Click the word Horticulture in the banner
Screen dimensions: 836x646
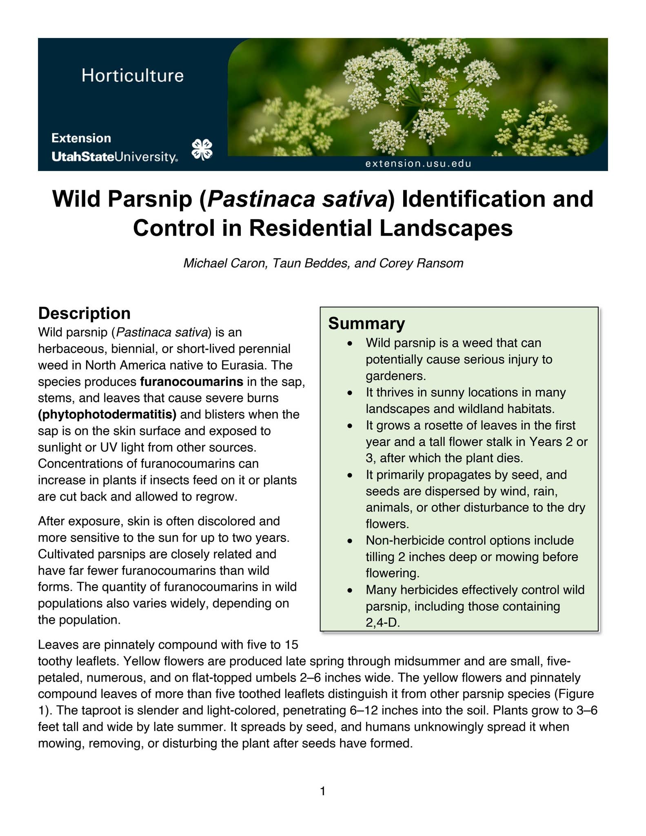[x=133, y=76]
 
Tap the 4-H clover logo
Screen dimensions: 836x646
[x=202, y=149]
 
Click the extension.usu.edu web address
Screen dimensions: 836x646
[x=418, y=164]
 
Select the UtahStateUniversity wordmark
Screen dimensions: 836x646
[x=114, y=157]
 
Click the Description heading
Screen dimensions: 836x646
[x=84, y=313]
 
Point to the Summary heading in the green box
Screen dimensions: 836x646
[x=366, y=323]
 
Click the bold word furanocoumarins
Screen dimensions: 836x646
[x=191, y=382]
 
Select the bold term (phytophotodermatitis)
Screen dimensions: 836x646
[x=107, y=414]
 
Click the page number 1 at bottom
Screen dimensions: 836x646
[x=323, y=792]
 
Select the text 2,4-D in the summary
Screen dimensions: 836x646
[x=382, y=623]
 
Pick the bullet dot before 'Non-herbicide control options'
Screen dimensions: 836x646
[x=350, y=541]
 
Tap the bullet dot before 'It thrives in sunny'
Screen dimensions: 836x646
[x=350, y=393]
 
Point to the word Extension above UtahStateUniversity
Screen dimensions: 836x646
[x=81, y=138]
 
